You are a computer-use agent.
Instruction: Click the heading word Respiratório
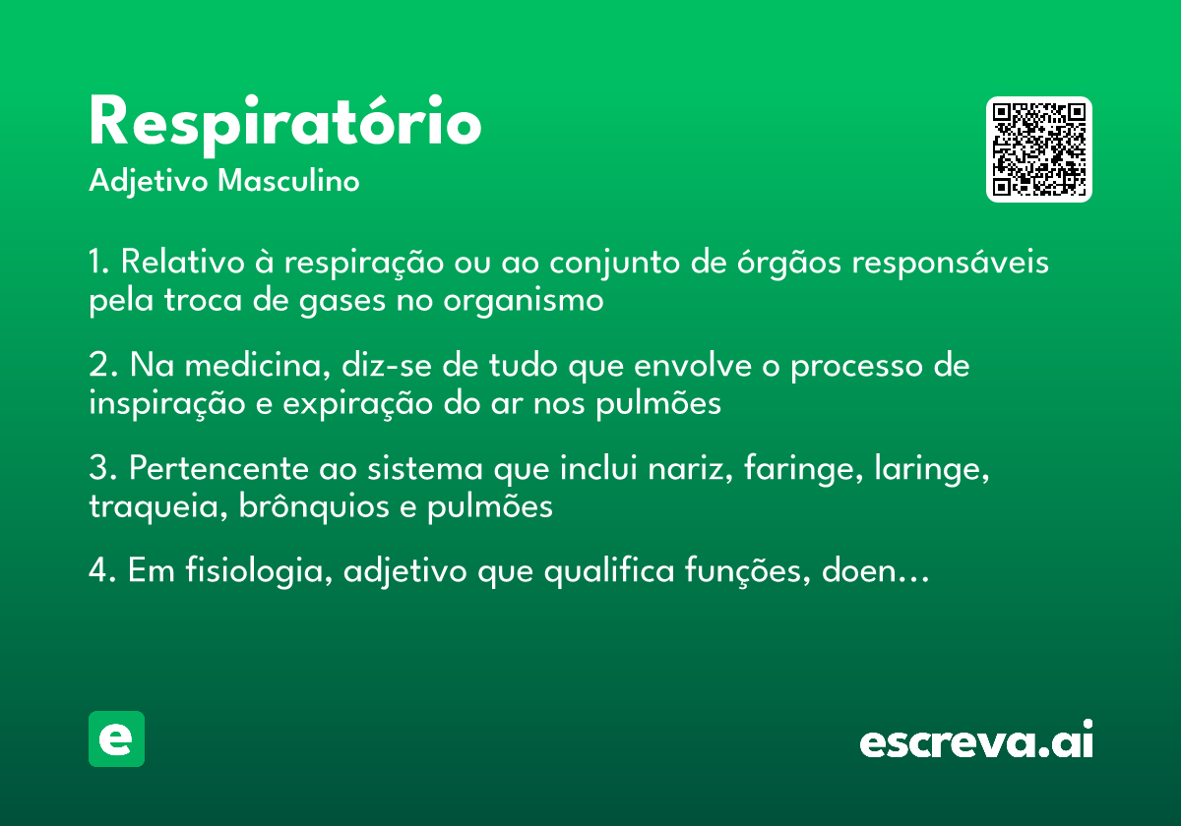point(285,123)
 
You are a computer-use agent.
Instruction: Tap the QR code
point(1039,149)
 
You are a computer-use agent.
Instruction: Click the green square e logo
point(116,738)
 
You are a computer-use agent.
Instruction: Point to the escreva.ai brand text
point(976,742)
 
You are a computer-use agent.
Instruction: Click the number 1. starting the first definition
point(98,264)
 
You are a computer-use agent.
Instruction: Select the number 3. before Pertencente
point(101,469)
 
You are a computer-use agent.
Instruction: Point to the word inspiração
point(167,403)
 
